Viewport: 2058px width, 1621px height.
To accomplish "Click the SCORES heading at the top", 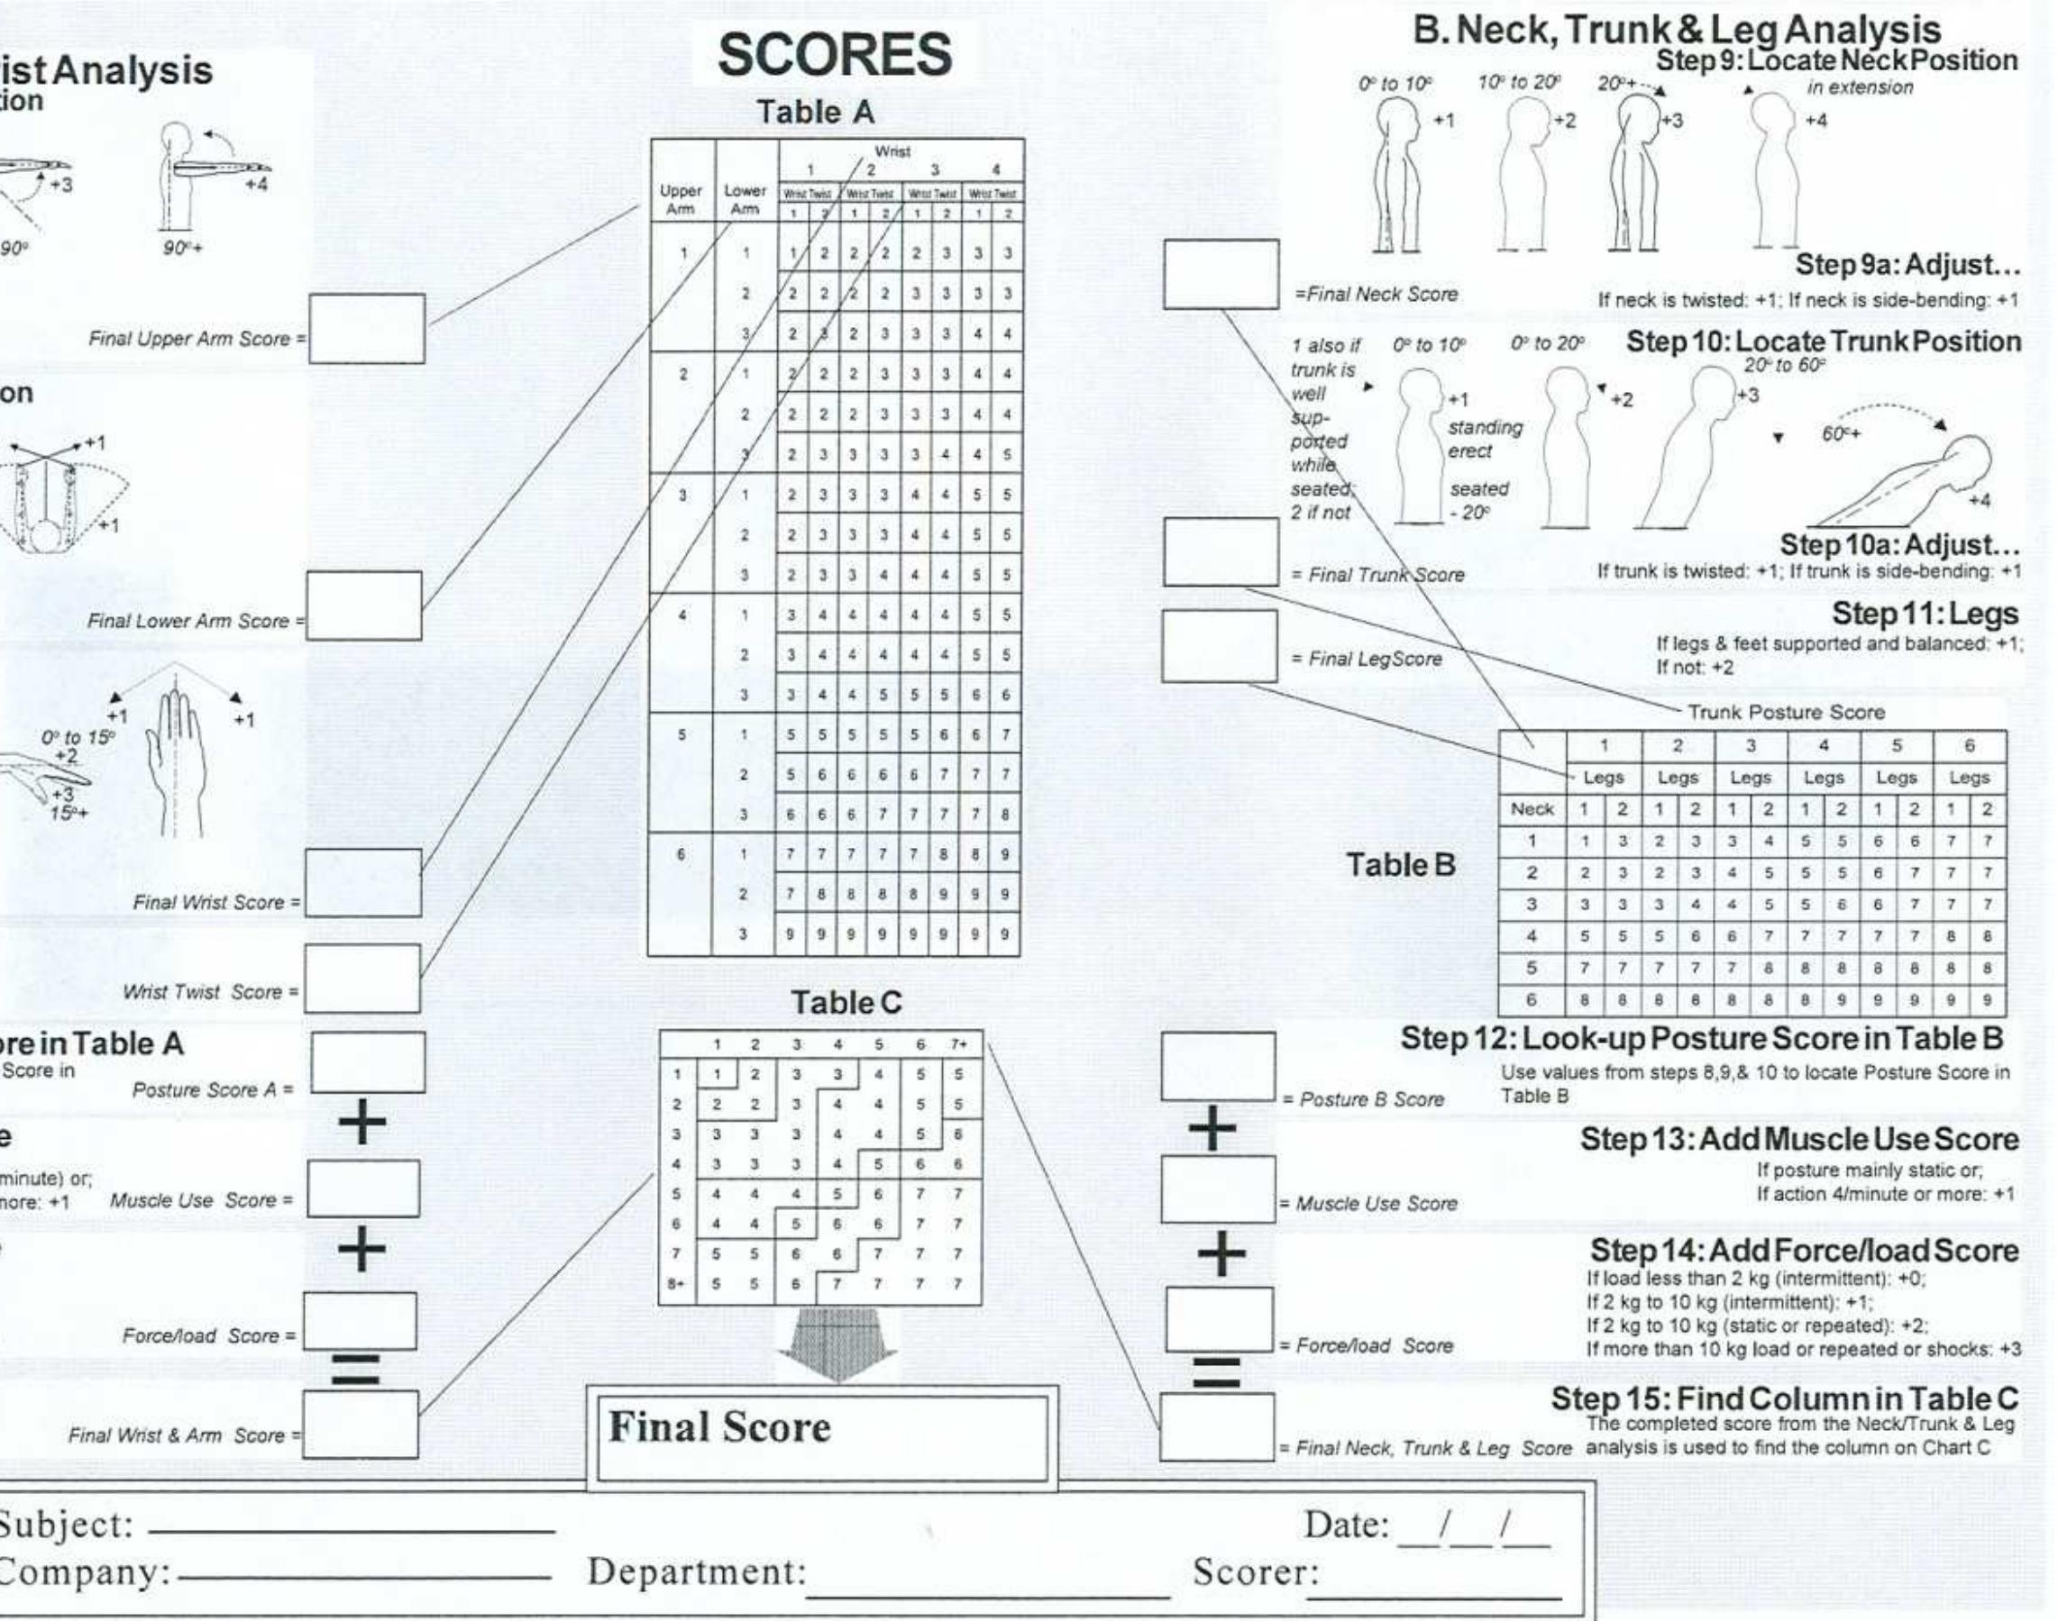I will click(834, 54).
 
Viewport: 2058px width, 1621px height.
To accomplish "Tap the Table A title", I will click(815, 112).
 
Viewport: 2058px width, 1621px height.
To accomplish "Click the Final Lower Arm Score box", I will click(363, 606).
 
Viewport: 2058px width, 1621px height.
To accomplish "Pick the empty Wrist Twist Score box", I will click(361, 978).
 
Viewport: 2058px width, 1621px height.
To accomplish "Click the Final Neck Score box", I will click(1221, 274).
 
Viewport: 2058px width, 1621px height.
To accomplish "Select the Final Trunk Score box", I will click(1221, 552).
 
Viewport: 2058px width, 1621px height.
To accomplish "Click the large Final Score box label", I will click(719, 1427).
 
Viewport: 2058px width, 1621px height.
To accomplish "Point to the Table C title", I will click(846, 1003).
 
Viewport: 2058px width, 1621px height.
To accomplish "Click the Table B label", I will click(1400, 865).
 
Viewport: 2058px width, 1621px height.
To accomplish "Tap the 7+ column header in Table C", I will click(959, 1044).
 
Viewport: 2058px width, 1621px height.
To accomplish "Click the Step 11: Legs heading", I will click(1925, 614).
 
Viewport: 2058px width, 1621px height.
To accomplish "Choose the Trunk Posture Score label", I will click(1785, 712).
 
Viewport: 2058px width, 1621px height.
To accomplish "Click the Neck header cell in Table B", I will click(1532, 808).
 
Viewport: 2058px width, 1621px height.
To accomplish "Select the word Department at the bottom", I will click(696, 1571).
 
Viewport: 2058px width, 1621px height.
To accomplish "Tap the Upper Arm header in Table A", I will click(681, 198).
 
